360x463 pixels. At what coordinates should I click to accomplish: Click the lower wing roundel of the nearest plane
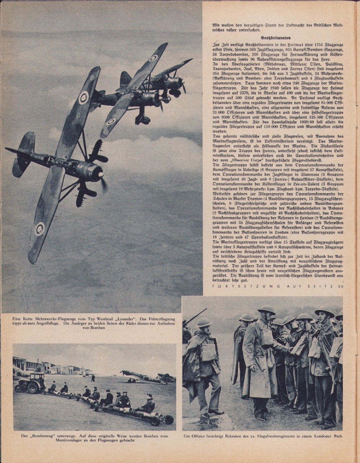point(39,229)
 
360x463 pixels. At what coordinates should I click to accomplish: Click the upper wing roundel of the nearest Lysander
point(83,98)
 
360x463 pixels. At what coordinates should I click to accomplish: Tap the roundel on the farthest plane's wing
point(153,58)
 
